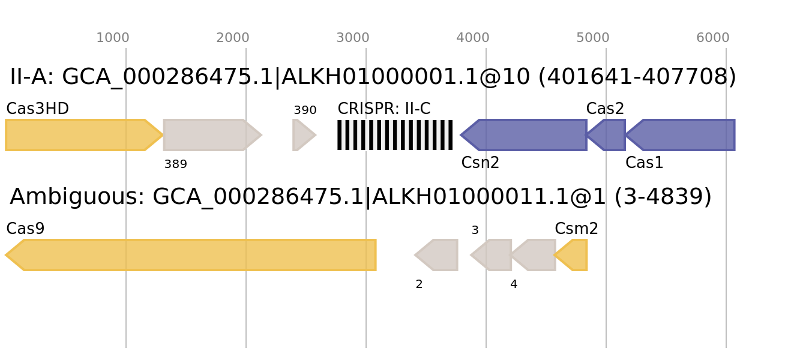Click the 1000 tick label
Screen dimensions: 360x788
113,38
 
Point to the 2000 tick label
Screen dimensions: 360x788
233,38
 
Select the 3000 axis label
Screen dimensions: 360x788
353,38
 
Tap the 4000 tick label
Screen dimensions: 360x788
473,38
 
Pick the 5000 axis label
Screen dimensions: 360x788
593,38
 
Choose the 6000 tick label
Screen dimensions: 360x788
713,38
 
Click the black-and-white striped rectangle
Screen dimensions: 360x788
395,135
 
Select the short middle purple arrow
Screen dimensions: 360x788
607,135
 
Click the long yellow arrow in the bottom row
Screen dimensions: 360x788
192,255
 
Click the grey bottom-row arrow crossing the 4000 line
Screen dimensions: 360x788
493,255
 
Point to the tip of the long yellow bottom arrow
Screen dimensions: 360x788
6,255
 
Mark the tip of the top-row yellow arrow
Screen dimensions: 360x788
163,135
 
